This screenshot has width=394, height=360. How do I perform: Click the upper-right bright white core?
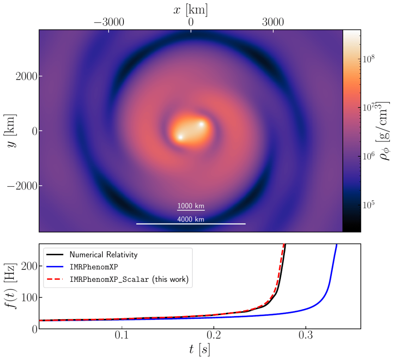[x=201, y=124]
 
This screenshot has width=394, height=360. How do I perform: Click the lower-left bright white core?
[x=180, y=137]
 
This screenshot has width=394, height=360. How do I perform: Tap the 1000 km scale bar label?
[x=191, y=206]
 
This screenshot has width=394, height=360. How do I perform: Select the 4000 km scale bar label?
[x=191, y=219]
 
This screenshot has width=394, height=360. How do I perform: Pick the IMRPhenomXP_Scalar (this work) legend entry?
[x=129, y=280]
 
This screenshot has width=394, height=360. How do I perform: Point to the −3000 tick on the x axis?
[x=109, y=22]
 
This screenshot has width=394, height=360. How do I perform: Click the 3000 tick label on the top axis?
[x=273, y=22]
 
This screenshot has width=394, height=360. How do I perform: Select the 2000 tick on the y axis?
[x=27, y=76]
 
